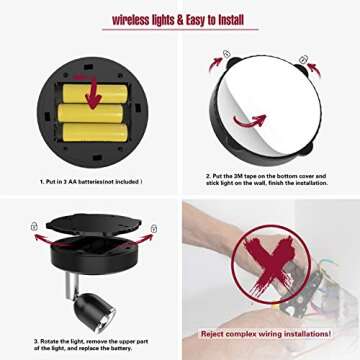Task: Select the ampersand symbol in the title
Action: [183, 19]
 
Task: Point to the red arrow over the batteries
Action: [94, 96]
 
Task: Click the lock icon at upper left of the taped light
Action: [226, 54]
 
